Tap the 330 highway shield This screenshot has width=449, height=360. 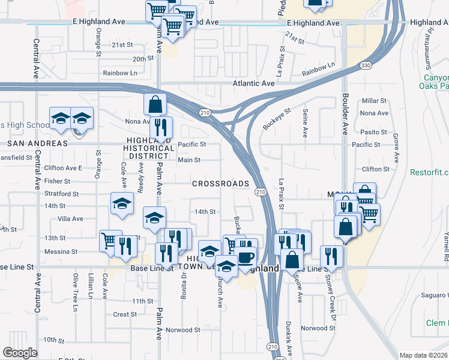click(x=364, y=65)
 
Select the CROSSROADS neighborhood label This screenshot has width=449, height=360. click(x=220, y=184)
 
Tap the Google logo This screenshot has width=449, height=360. click(x=20, y=353)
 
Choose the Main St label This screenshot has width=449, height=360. click(x=188, y=160)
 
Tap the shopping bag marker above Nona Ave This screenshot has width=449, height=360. click(x=155, y=104)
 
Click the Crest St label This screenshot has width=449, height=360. click(x=125, y=314)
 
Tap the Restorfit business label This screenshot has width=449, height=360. click(x=429, y=172)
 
